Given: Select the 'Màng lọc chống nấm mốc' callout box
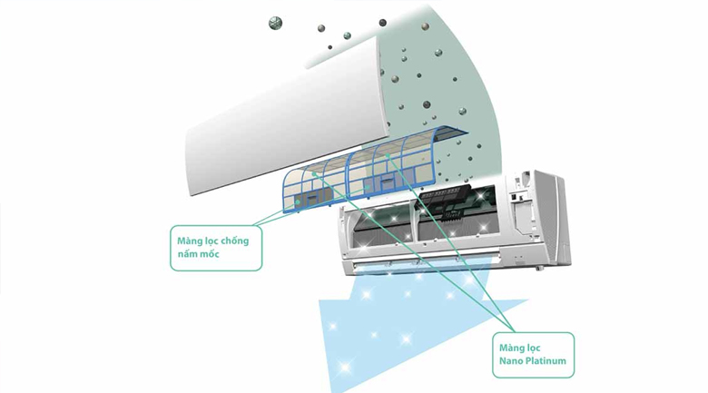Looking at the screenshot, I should pos(215,247).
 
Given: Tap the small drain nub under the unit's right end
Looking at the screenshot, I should pos(542,269).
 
